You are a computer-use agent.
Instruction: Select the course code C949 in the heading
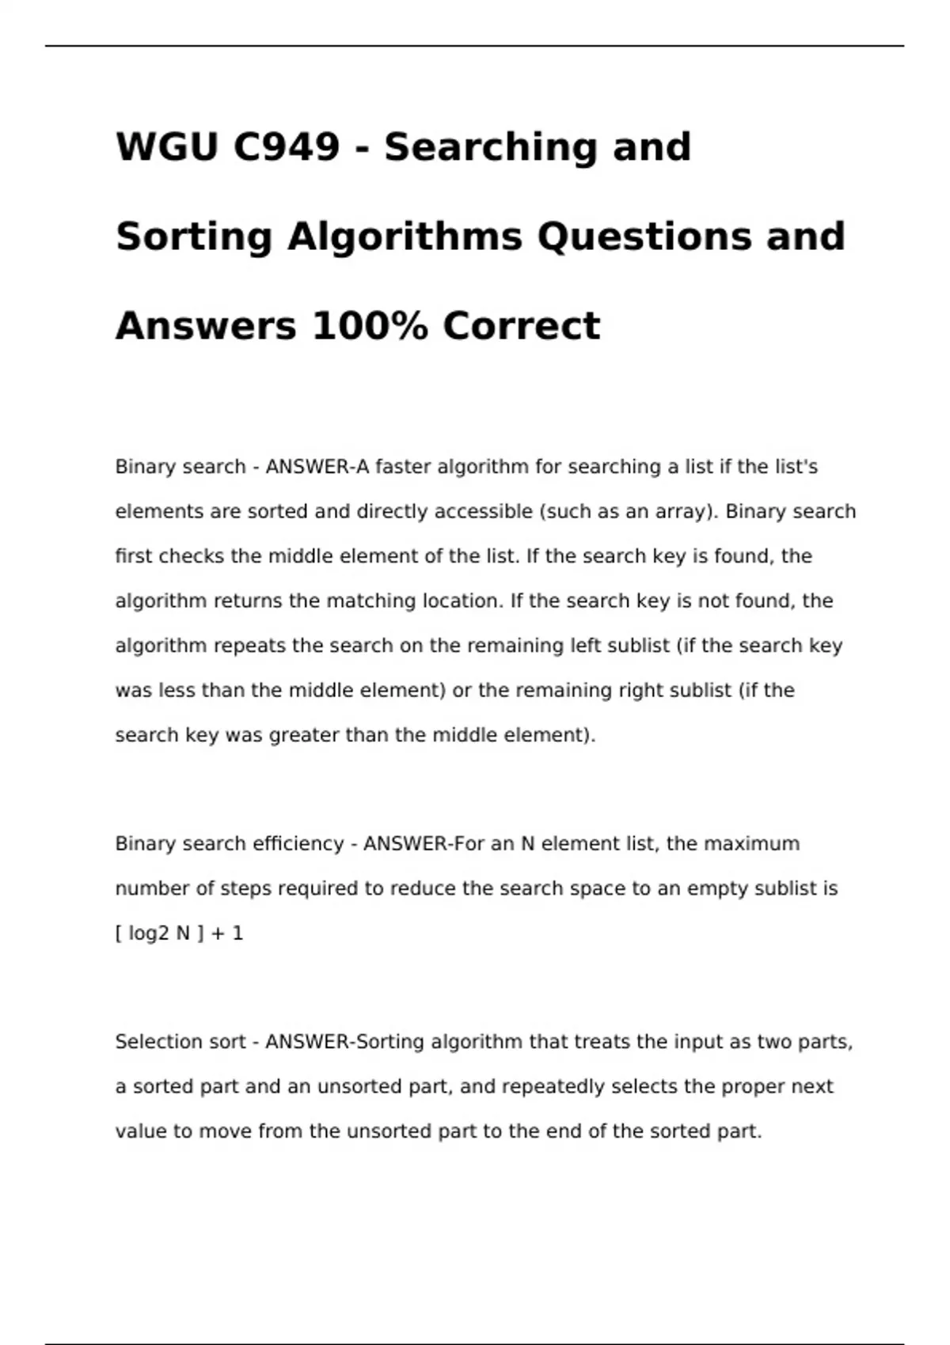coord(287,147)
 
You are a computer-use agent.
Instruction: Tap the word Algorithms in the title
coord(405,237)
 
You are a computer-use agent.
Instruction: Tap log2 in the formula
coord(149,934)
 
